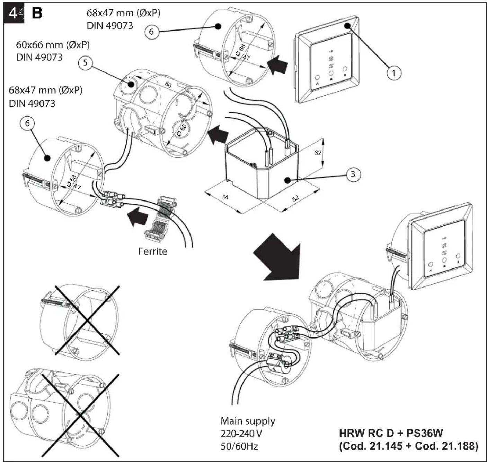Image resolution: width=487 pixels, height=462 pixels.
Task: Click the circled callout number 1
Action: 393,73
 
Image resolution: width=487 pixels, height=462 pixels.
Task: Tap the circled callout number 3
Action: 353,174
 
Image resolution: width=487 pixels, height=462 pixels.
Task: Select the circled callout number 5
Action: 85,62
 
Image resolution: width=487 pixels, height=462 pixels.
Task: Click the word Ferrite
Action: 153,251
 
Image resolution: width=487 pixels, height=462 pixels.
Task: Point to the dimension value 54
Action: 225,197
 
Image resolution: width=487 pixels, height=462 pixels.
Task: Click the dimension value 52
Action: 295,198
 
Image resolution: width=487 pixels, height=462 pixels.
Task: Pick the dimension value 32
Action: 318,153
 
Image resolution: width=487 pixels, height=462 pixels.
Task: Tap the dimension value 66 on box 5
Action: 168,85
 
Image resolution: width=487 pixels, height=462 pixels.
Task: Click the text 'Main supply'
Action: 248,421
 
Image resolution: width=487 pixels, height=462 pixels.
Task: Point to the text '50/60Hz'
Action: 239,446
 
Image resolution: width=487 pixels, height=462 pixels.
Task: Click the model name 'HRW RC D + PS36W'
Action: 391,433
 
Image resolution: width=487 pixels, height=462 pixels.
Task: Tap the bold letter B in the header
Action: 37,14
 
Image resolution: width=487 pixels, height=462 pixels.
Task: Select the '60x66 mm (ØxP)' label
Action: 53,45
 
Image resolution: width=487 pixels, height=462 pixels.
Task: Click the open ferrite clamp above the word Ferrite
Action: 160,219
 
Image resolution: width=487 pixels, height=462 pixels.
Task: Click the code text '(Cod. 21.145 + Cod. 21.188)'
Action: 408,446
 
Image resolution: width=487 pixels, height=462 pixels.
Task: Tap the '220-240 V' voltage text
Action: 241,434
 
